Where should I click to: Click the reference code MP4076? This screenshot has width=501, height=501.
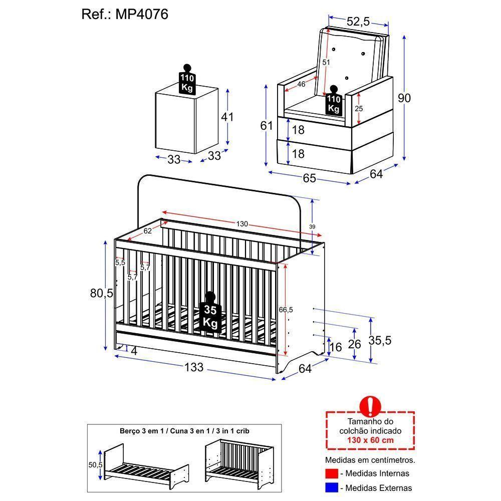pos(143,15)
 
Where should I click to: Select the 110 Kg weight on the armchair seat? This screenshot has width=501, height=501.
pos(334,102)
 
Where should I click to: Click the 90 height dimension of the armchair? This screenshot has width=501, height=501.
pos(404,98)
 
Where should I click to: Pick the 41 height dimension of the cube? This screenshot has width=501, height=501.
pos(227,117)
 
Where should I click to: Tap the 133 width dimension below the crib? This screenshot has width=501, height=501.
pos(194,367)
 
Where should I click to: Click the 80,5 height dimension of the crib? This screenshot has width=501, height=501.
pos(101,294)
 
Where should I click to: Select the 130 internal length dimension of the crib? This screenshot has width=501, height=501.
pos(242,224)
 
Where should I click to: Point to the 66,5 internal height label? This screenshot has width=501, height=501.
pos(286,310)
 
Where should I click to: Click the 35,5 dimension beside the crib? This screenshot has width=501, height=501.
pos(380,341)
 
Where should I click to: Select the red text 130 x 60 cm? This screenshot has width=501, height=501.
pos(370,440)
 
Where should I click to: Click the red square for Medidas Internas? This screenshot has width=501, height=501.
pos(330,473)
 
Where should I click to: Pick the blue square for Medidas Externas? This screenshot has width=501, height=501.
pos(330,487)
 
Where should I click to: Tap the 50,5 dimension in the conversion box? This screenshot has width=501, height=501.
pos(95,465)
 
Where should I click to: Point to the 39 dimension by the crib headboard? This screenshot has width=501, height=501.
pos(312,227)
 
